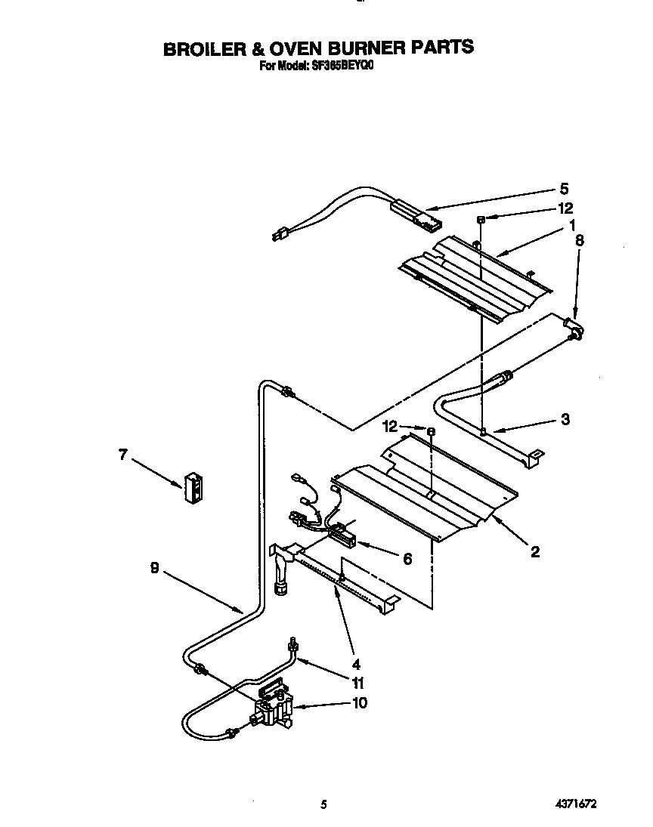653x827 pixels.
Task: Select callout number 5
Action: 564,189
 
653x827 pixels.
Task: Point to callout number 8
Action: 580,241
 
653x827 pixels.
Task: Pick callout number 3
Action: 565,419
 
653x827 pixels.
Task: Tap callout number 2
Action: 534,553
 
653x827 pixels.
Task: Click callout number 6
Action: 407,558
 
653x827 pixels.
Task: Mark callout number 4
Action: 356,665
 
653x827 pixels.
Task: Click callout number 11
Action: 357,684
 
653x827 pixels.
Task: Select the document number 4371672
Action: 585,805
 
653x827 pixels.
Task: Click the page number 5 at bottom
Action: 323,805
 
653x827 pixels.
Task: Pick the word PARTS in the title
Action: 442,48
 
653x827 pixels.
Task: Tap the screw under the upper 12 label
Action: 480,219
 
